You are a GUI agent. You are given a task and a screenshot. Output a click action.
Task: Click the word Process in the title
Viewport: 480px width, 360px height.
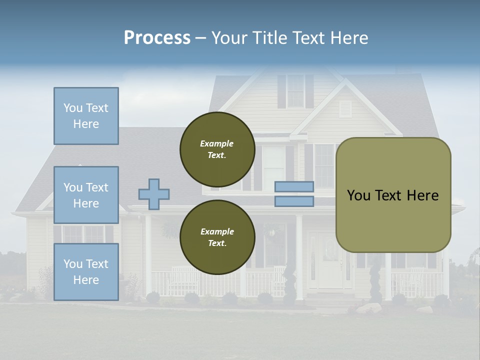click(157, 38)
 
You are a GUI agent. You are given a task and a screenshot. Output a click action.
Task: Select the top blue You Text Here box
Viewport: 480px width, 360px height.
click(86, 116)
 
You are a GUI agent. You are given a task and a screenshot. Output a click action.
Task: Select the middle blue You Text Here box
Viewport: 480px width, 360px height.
click(86, 195)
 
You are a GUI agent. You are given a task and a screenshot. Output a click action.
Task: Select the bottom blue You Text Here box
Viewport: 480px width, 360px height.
click(86, 272)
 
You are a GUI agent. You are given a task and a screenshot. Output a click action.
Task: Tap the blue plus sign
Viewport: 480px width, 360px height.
click(154, 194)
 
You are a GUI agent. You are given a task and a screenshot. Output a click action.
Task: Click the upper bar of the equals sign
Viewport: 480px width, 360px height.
click(294, 186)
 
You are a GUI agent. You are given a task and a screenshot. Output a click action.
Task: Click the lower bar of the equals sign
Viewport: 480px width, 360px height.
click(294, 201)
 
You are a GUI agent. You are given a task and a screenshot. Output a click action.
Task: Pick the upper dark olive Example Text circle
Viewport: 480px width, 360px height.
click(217, 149)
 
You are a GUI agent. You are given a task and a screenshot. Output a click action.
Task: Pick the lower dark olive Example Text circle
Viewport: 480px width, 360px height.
click(217, 237)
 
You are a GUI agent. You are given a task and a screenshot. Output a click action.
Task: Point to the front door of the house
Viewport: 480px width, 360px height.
click(329, 262)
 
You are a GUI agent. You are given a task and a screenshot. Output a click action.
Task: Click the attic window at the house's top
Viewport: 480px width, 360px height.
click(295, 91)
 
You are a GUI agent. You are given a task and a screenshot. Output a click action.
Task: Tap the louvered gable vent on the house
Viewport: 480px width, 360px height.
click(345, 108)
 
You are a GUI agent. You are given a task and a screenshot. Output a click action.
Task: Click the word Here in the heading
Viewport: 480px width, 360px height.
click(348, 38)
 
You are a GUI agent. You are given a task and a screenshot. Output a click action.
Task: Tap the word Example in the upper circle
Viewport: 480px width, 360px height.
click(217, 143)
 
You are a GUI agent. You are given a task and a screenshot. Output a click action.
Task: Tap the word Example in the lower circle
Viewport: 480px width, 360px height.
click(217, 231)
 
